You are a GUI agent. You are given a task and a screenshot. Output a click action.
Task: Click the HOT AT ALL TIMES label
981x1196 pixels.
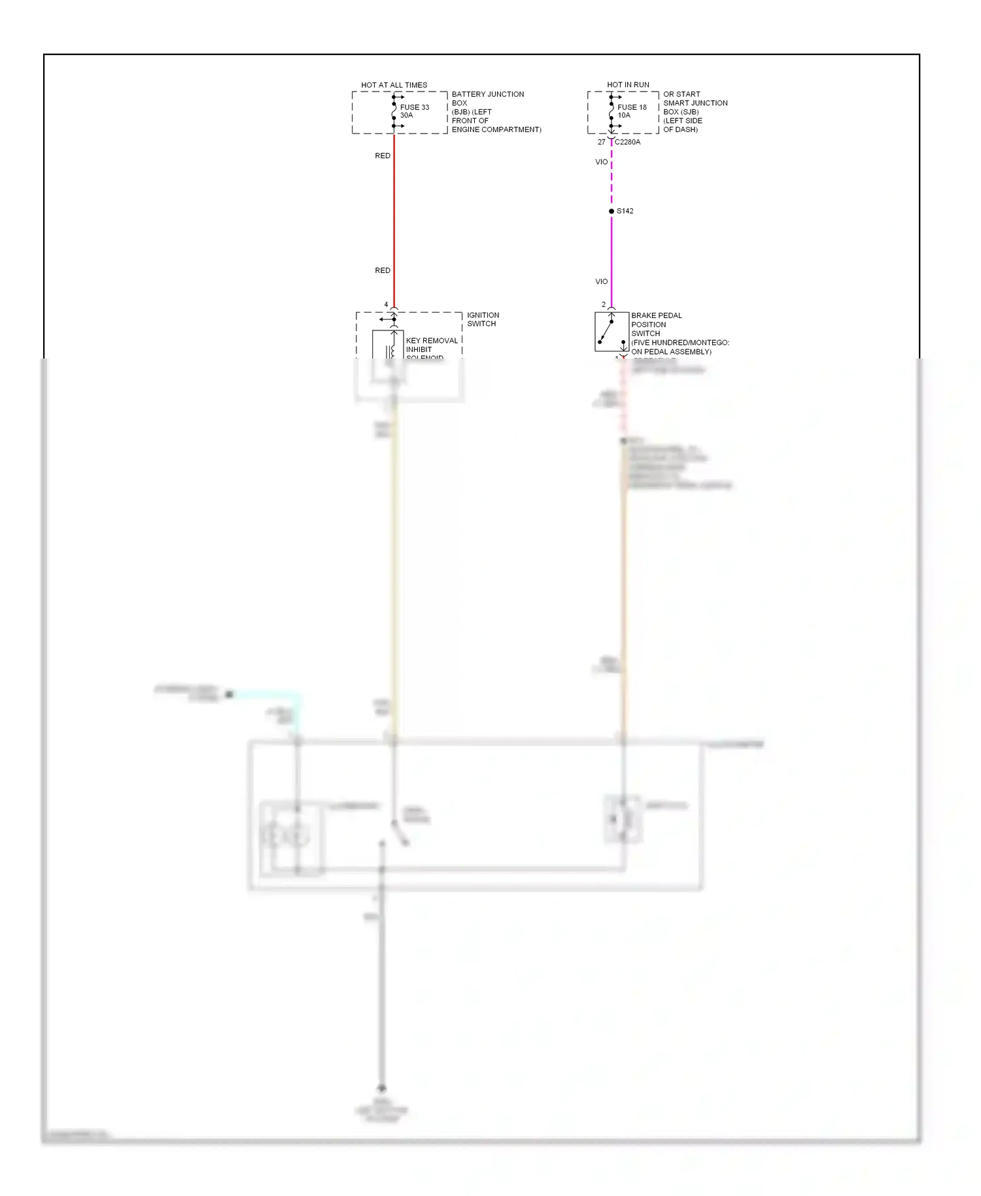pyautogui.click(x=394, y=85)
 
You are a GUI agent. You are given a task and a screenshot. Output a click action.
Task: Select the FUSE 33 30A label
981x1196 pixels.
pyautogui.click(x=415, y=111)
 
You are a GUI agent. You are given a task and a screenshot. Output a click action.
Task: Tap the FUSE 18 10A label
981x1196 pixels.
pyautogui.click(x=632, y=111)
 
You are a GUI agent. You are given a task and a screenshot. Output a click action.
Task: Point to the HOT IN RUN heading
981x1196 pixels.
pyautogui.click(x=628, y=85)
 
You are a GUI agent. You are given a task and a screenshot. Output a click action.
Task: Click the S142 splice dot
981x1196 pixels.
pyautogui.click(x=611, y=211)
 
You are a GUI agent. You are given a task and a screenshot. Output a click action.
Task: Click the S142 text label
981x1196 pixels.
pyautogui.click(x=625, y=211)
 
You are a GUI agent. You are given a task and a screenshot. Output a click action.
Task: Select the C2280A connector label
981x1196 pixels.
pyautogui.click(x=628, y=142)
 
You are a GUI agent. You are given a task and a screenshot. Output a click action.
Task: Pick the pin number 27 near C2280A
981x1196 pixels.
pyautogui.click(x=601, y=142)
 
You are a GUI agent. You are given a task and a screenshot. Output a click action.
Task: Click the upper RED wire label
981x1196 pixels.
pyautogui.click(x=383, y=156)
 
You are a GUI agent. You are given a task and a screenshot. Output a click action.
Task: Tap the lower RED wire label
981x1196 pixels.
pyautogui.click(x=383, y=270)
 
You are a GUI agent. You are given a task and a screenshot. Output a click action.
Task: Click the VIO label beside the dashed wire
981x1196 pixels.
pyautogui.click(x=602, y=162)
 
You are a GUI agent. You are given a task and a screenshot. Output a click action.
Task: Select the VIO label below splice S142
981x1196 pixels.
pyautogui.click(x=602, y=281)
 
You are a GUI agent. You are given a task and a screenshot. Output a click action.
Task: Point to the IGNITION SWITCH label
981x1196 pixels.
pyautogui.click(x=483, y=319)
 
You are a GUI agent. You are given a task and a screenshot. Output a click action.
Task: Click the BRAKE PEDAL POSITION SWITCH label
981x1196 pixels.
pyautogui.click(x=656, y=325)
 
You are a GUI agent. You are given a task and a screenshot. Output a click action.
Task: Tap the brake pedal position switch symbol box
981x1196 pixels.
pyautogui.click(x=611, y=332)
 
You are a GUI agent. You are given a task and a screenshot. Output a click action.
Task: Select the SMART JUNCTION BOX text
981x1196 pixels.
pyautogui.click(x=695, y=107)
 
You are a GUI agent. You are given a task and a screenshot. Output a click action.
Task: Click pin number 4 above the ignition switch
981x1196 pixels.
pyautogui.click(x=386, y=305)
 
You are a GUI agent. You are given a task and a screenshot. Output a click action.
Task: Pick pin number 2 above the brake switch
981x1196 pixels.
pyautogui.click(x=604, y=305)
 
